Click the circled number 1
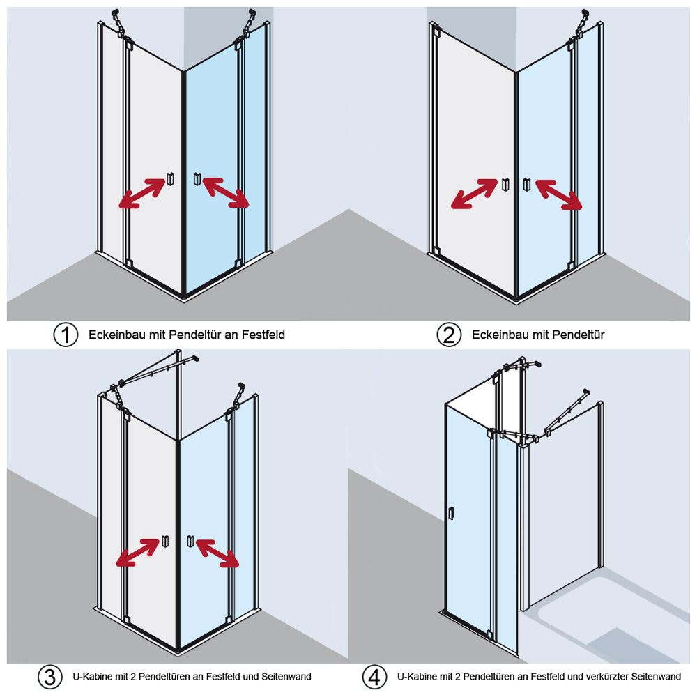coord(66,335)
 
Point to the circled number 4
coord(375,677)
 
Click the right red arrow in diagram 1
coord(226,193)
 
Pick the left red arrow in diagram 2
coord(475,194)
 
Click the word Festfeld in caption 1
coord(264,335)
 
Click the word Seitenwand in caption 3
coord(286,676)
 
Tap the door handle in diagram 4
coord(451,513)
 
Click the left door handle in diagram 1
coord(169,179)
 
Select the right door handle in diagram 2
coord(526,183)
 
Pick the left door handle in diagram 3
coord(165,540)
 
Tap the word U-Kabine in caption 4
coord(416,676)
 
